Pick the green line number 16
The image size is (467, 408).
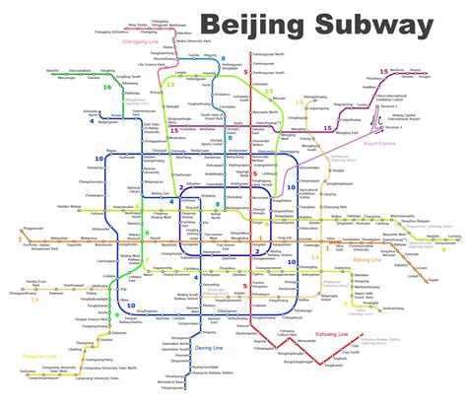click(x=107, y=87)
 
